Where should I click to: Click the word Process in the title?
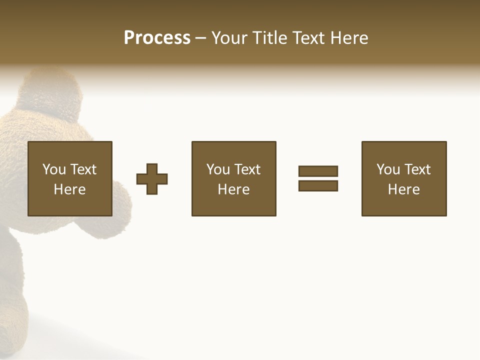pos(157,38)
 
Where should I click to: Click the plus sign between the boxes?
pos(152,179)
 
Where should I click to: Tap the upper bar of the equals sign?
pos(318,171)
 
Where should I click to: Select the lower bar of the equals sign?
pos(318,185)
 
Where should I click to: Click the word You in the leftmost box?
pos(54,169)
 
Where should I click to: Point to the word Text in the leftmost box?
pos(82,169)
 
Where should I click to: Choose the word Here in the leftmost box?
pos(69,189)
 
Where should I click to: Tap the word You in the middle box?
pos(218,169)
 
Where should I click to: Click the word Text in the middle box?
pos(246,169)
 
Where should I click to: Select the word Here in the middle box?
pos(233,189)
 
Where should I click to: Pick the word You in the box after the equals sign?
pos(388,169)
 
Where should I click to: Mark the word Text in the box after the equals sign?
pos(416,169)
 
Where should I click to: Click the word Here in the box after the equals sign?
pos(403,189)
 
